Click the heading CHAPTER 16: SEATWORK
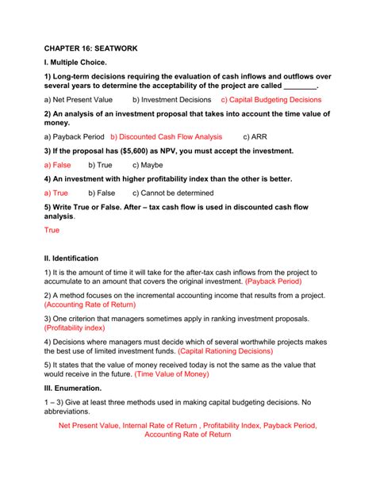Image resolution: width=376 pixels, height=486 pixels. click(90, 48)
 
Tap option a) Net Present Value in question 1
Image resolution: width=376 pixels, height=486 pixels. click(79, 100)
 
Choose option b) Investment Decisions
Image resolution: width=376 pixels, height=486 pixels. click(172, 100)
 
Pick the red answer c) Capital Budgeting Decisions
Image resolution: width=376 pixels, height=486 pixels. click(271, 100)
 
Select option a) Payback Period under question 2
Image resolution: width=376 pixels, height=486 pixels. click(74, 136)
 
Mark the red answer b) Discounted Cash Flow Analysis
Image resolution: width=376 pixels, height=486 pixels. click(167, 136)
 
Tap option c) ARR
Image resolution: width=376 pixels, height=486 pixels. click(256, 136)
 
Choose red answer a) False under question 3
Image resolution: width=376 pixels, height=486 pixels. click(57, 165)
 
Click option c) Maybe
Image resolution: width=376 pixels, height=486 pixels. click(148, 165)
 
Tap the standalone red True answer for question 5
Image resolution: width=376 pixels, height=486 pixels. click(52, 230)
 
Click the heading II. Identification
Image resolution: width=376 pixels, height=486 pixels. click(71, 258)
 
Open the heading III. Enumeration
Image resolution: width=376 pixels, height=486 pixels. click(73, 388)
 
